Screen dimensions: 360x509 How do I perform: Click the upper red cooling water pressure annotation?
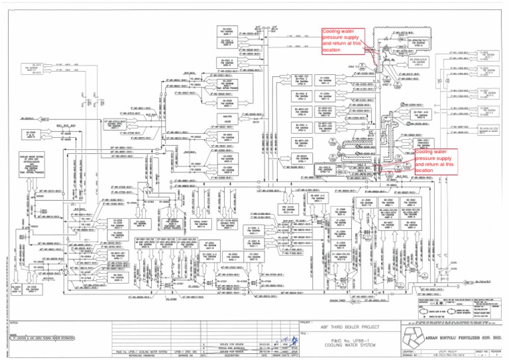(343, 40)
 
